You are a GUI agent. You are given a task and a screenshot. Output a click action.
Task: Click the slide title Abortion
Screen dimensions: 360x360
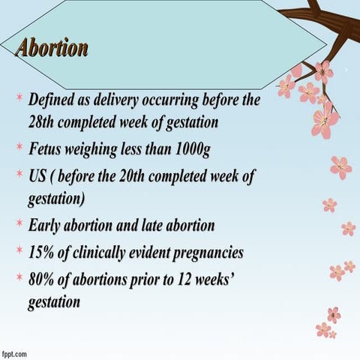(52, 48)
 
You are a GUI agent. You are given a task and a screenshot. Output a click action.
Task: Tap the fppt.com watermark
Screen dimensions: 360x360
(14, 352)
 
